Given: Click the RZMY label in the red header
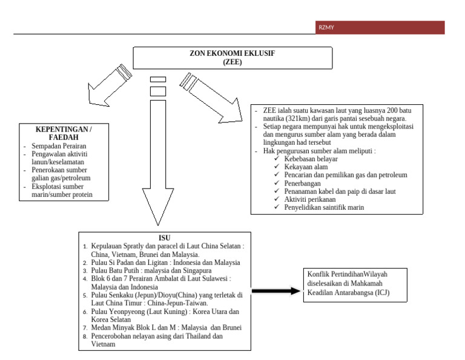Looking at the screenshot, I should (x=326, y=27).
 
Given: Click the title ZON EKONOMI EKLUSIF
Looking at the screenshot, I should (x=232, y=53).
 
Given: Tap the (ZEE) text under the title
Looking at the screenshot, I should (x=232, y=61).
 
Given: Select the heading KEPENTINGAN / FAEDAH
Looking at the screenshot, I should (x=64, y=133).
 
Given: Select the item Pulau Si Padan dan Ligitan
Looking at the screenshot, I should (x=165, y=262).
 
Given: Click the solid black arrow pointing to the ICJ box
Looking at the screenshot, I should (x=276, y=291).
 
